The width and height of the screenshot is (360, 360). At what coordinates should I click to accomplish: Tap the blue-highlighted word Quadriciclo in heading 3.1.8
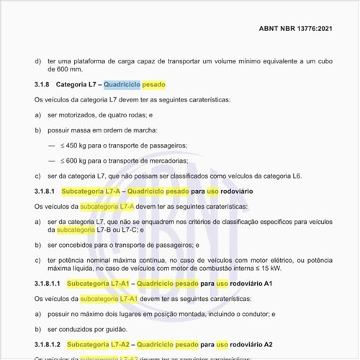click(x=121, y=84)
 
